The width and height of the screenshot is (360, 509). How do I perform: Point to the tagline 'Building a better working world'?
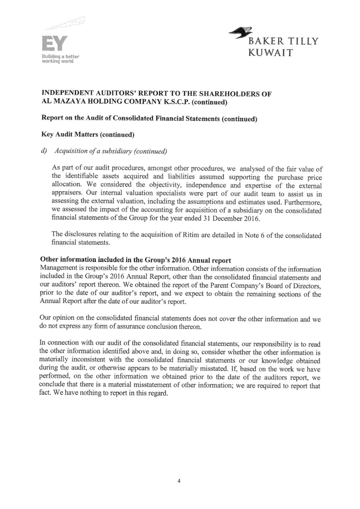tap(61, 59)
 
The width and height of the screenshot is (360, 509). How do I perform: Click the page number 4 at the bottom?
tap(179, 481)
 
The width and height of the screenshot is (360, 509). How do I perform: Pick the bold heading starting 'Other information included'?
tap(136, 260)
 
